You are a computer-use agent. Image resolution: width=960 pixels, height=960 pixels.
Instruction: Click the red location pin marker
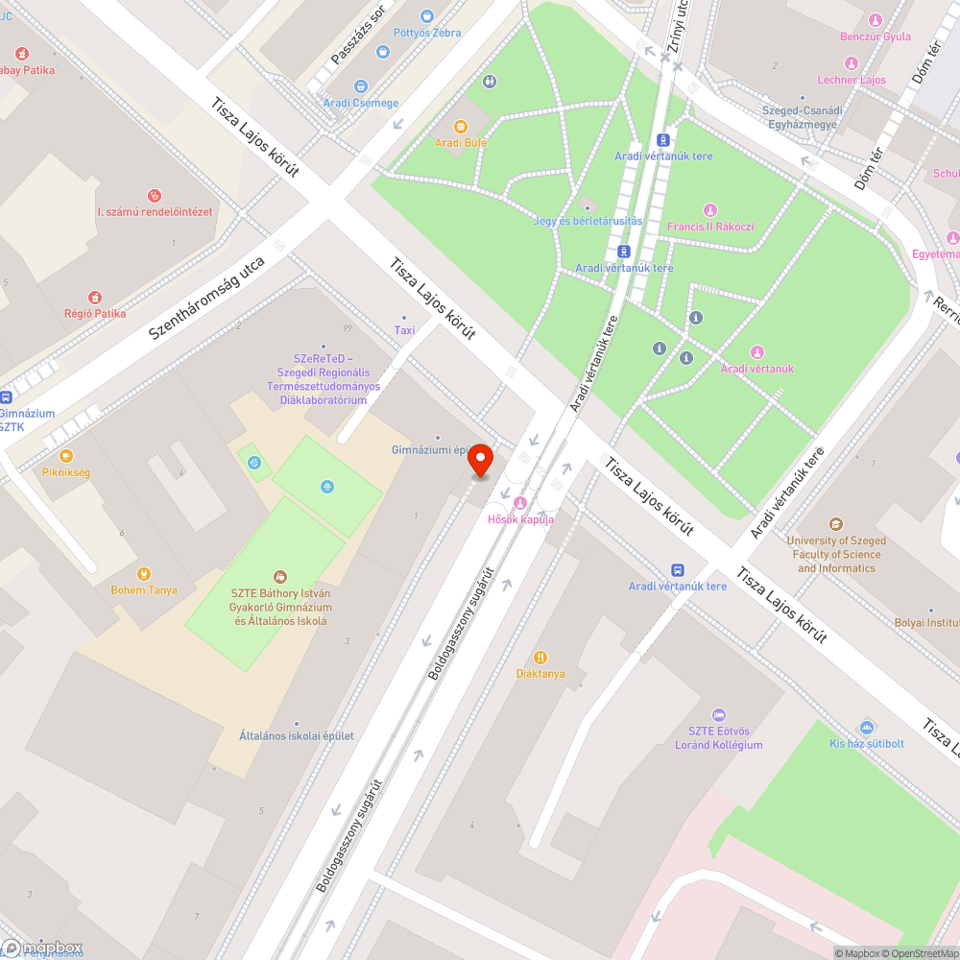[x=480, y=460]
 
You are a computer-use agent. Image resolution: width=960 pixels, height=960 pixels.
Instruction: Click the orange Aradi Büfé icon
[x=461, y=126]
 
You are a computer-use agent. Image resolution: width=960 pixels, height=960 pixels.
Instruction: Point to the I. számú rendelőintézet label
[x=155, y=211]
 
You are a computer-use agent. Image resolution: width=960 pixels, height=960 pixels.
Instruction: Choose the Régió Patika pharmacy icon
[x=95, y=298]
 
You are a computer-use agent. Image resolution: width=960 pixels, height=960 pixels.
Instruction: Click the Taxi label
[x=404, y=330]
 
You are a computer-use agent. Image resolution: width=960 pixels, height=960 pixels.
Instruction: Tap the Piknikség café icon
[x=65, y=456]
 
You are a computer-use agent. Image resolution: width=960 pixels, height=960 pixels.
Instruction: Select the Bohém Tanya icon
[x=144, y=574]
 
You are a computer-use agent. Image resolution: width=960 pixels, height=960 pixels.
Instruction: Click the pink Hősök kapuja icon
[x=520, y=503]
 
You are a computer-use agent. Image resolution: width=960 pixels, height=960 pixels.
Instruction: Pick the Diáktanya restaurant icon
[x=540, y=658]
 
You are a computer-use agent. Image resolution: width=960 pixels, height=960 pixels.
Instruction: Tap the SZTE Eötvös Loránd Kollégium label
[x=718, y=738]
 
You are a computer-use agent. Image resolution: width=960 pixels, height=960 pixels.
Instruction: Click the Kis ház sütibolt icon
[x=867, y=727]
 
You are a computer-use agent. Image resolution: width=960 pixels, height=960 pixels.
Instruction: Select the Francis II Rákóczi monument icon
[x=710, y=210]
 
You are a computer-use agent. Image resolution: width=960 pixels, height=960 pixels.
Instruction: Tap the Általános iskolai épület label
[x=297, y=736]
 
